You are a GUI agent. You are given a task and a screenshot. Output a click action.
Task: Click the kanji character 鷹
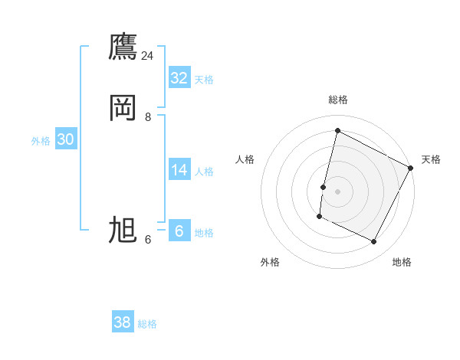123,48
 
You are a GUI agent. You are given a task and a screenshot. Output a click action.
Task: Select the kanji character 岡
123,108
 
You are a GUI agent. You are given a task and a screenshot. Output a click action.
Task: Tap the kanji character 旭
123,230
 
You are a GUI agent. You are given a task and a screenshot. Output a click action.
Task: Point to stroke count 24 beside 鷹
147,56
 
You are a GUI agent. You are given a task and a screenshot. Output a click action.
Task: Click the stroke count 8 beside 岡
148,116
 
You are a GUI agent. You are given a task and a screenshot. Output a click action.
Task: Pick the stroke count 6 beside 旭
148,239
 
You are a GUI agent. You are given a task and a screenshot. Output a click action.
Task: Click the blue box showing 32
179,78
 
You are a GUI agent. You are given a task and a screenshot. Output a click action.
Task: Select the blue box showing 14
179,170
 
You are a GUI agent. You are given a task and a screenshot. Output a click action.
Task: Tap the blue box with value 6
179,231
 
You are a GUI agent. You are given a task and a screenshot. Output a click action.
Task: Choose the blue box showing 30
65,139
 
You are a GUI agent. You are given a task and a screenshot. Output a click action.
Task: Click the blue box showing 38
123,322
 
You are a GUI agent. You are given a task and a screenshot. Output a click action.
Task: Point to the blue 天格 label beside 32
204,80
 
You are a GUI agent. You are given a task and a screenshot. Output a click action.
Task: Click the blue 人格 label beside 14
204,172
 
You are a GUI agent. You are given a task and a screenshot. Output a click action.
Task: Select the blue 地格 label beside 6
204,233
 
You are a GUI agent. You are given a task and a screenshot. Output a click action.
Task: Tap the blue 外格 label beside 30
41,141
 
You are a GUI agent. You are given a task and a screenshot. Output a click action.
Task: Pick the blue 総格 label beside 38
148,324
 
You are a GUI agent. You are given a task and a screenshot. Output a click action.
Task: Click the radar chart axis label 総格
337,100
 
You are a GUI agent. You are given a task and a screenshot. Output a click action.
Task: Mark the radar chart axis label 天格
431,159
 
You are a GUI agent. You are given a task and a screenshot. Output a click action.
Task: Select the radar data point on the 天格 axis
411,168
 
